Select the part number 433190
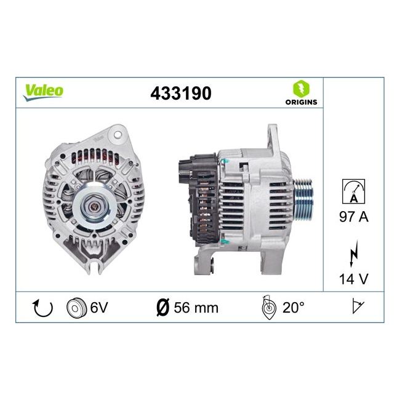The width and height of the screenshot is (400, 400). point(181,94)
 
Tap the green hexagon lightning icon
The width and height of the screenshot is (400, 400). point(301,89)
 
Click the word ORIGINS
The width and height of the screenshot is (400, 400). point(301,102)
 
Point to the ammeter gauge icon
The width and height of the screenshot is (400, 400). point(353,191)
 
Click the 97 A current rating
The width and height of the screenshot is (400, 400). point(354,217)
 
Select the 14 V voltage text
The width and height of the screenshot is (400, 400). point(354,279)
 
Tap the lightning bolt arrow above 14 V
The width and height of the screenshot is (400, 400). point(354,254)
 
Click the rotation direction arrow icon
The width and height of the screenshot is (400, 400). point(42,308)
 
